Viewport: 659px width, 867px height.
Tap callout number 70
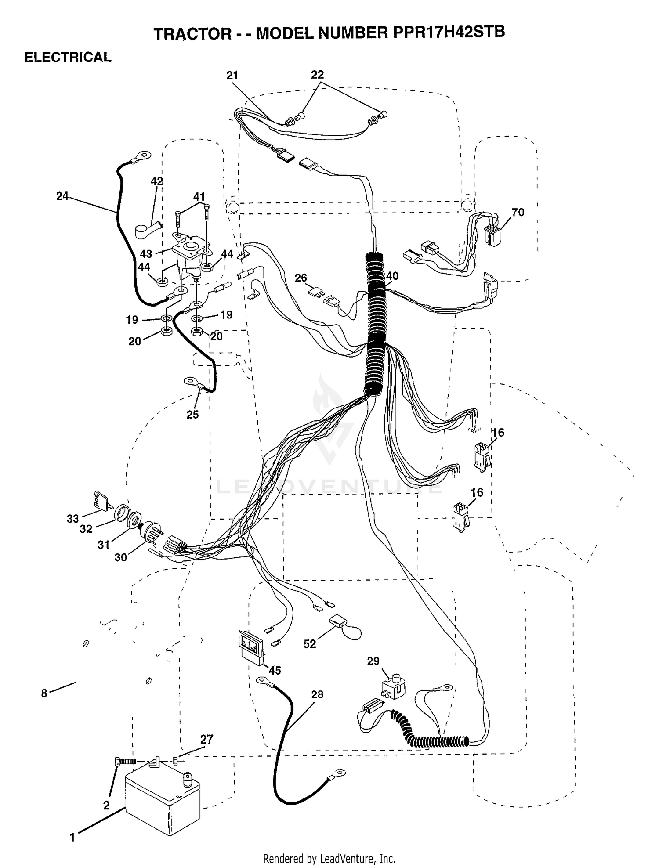[x=518, y=213]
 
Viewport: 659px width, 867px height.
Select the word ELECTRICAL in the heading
[x=68, y=57]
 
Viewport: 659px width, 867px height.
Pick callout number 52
[x=310, y=644]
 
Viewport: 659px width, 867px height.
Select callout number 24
[x=62, y=196]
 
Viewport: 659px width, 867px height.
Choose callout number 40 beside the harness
[x=392, y=276]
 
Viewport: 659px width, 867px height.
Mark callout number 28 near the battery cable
[x=317, y=694]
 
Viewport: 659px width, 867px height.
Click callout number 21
[x=232, y=76]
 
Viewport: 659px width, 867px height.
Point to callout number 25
[x=192, y=415]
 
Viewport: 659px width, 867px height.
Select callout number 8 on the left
[x=44, y=694]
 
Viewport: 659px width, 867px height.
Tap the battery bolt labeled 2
[x=126, y=761]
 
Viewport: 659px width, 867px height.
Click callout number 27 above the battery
[x=206, y=740]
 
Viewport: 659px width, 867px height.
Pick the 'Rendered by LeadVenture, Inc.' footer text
[x=329, y=859]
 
